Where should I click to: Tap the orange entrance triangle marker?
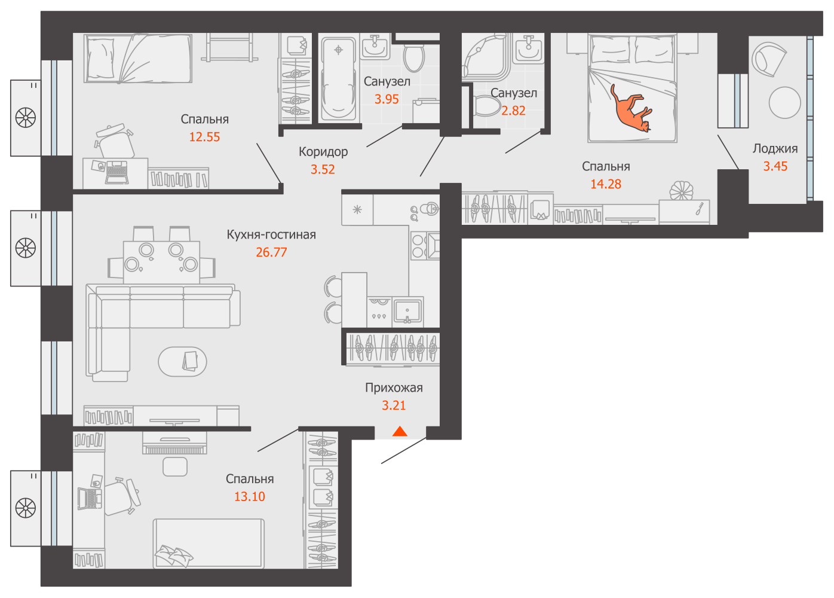click(400, 431)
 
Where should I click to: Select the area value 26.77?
click(271, 252)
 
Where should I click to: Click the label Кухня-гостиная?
click(271, 234)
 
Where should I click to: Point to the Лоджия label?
click(775, 149)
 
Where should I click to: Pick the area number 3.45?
click(775, 166)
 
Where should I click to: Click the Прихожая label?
click(394, 388)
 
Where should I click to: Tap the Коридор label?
click(323, 152)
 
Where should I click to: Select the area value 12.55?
click(204, 137)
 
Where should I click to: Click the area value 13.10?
click(250, 497)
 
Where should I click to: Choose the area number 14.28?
click(606, 184)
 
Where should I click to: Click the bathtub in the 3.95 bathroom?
click(339, 78)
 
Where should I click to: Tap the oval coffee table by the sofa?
click(182, 361)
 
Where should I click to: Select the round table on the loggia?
click(784, 102)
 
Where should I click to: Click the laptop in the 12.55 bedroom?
click(117, 172)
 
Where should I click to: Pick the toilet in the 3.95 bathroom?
click(414, 58)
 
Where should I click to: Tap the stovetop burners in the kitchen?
click(418, 246)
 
